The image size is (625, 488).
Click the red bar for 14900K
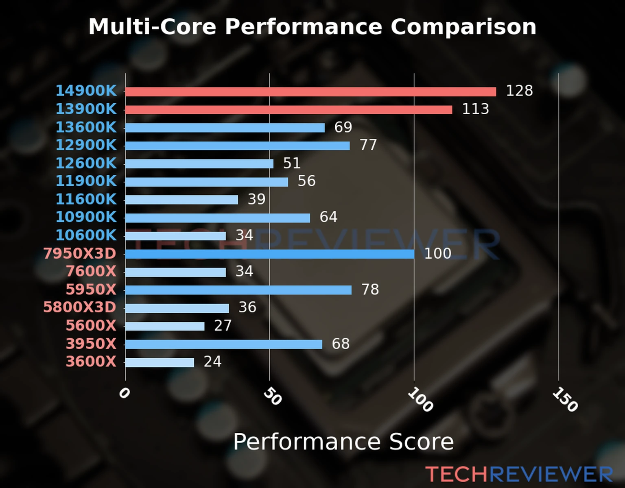(x=310, y=92)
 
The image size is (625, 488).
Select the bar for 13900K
(x=288, y=110)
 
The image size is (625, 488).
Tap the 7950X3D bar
(x=269, y=254)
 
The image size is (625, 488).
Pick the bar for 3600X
(x=160, y=362)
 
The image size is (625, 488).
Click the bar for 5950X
(x=238, y=290)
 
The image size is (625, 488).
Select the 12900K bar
(x=237, y=146)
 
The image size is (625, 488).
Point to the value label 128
(x=519, y=91)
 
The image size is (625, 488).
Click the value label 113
(x=475, y=109)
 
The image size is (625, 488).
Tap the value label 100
(x=437, y=253)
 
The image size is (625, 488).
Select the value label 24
(x=212, y=362)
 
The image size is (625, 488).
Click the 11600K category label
(x=86, y=199)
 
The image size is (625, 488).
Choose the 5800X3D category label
(x=80, y=307)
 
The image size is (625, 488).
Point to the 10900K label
(x=86, y=217)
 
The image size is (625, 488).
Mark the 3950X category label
(x=91, y=344)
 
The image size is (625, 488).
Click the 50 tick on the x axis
(x=272, y=396)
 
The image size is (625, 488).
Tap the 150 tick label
(x=565, y=399)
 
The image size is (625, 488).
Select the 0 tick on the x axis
(x=124, y=393)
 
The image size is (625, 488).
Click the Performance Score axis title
(x=343, y=442)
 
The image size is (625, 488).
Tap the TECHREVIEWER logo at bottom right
(x=519, y=474)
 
